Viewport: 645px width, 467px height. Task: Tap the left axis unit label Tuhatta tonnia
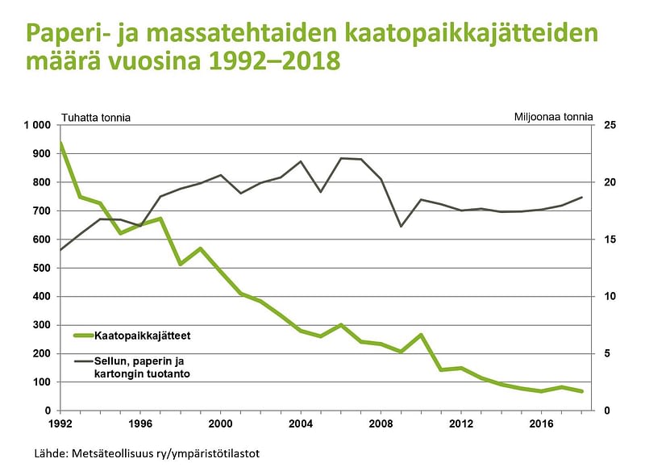(96, 118)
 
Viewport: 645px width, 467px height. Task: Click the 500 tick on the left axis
(43, 268)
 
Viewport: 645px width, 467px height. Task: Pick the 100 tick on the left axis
(43, 382)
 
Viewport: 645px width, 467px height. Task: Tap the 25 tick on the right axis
(610, 125)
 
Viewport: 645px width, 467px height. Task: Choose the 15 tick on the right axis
(610, 240)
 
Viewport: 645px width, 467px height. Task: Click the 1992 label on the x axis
(60, 423)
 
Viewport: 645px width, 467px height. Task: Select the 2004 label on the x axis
(301, 423)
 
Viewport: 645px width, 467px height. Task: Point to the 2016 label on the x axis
(541, 423)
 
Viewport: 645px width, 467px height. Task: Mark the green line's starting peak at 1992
(60, 144)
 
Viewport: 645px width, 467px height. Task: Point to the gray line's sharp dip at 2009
(401, 226)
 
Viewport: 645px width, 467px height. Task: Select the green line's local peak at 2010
(421, 335)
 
